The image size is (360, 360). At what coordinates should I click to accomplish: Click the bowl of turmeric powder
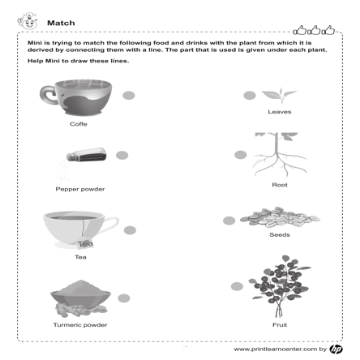click(x=79, y=296)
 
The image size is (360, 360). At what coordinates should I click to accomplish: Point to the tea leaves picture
click(x=279, y=95)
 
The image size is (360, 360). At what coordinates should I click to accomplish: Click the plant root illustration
click(x=279, y=153)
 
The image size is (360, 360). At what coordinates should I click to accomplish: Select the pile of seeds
click(x=280, y=216)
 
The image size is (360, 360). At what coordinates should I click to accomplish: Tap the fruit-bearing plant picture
click(x=280, y=286)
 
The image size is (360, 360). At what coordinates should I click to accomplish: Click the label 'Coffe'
click(x=78, y=125)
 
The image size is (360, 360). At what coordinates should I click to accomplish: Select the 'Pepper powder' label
click(x=79, y=189)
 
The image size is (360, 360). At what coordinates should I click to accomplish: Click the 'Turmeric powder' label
click(x=79, y=324)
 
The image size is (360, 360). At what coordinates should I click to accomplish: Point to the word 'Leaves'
click(x=280, y=112)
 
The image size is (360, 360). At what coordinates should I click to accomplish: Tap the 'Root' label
click(x=280, y=184)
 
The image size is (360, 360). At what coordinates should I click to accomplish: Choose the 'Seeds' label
click(x=280, y=234)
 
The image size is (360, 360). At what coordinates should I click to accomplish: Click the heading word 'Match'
click(x=61, y=23)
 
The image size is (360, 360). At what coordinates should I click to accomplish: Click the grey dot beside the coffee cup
click(x=128, y=96)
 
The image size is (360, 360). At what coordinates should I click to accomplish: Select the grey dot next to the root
click(x=240, y=154)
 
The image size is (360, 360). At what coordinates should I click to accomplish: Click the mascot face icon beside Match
click(x=28, y=21)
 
